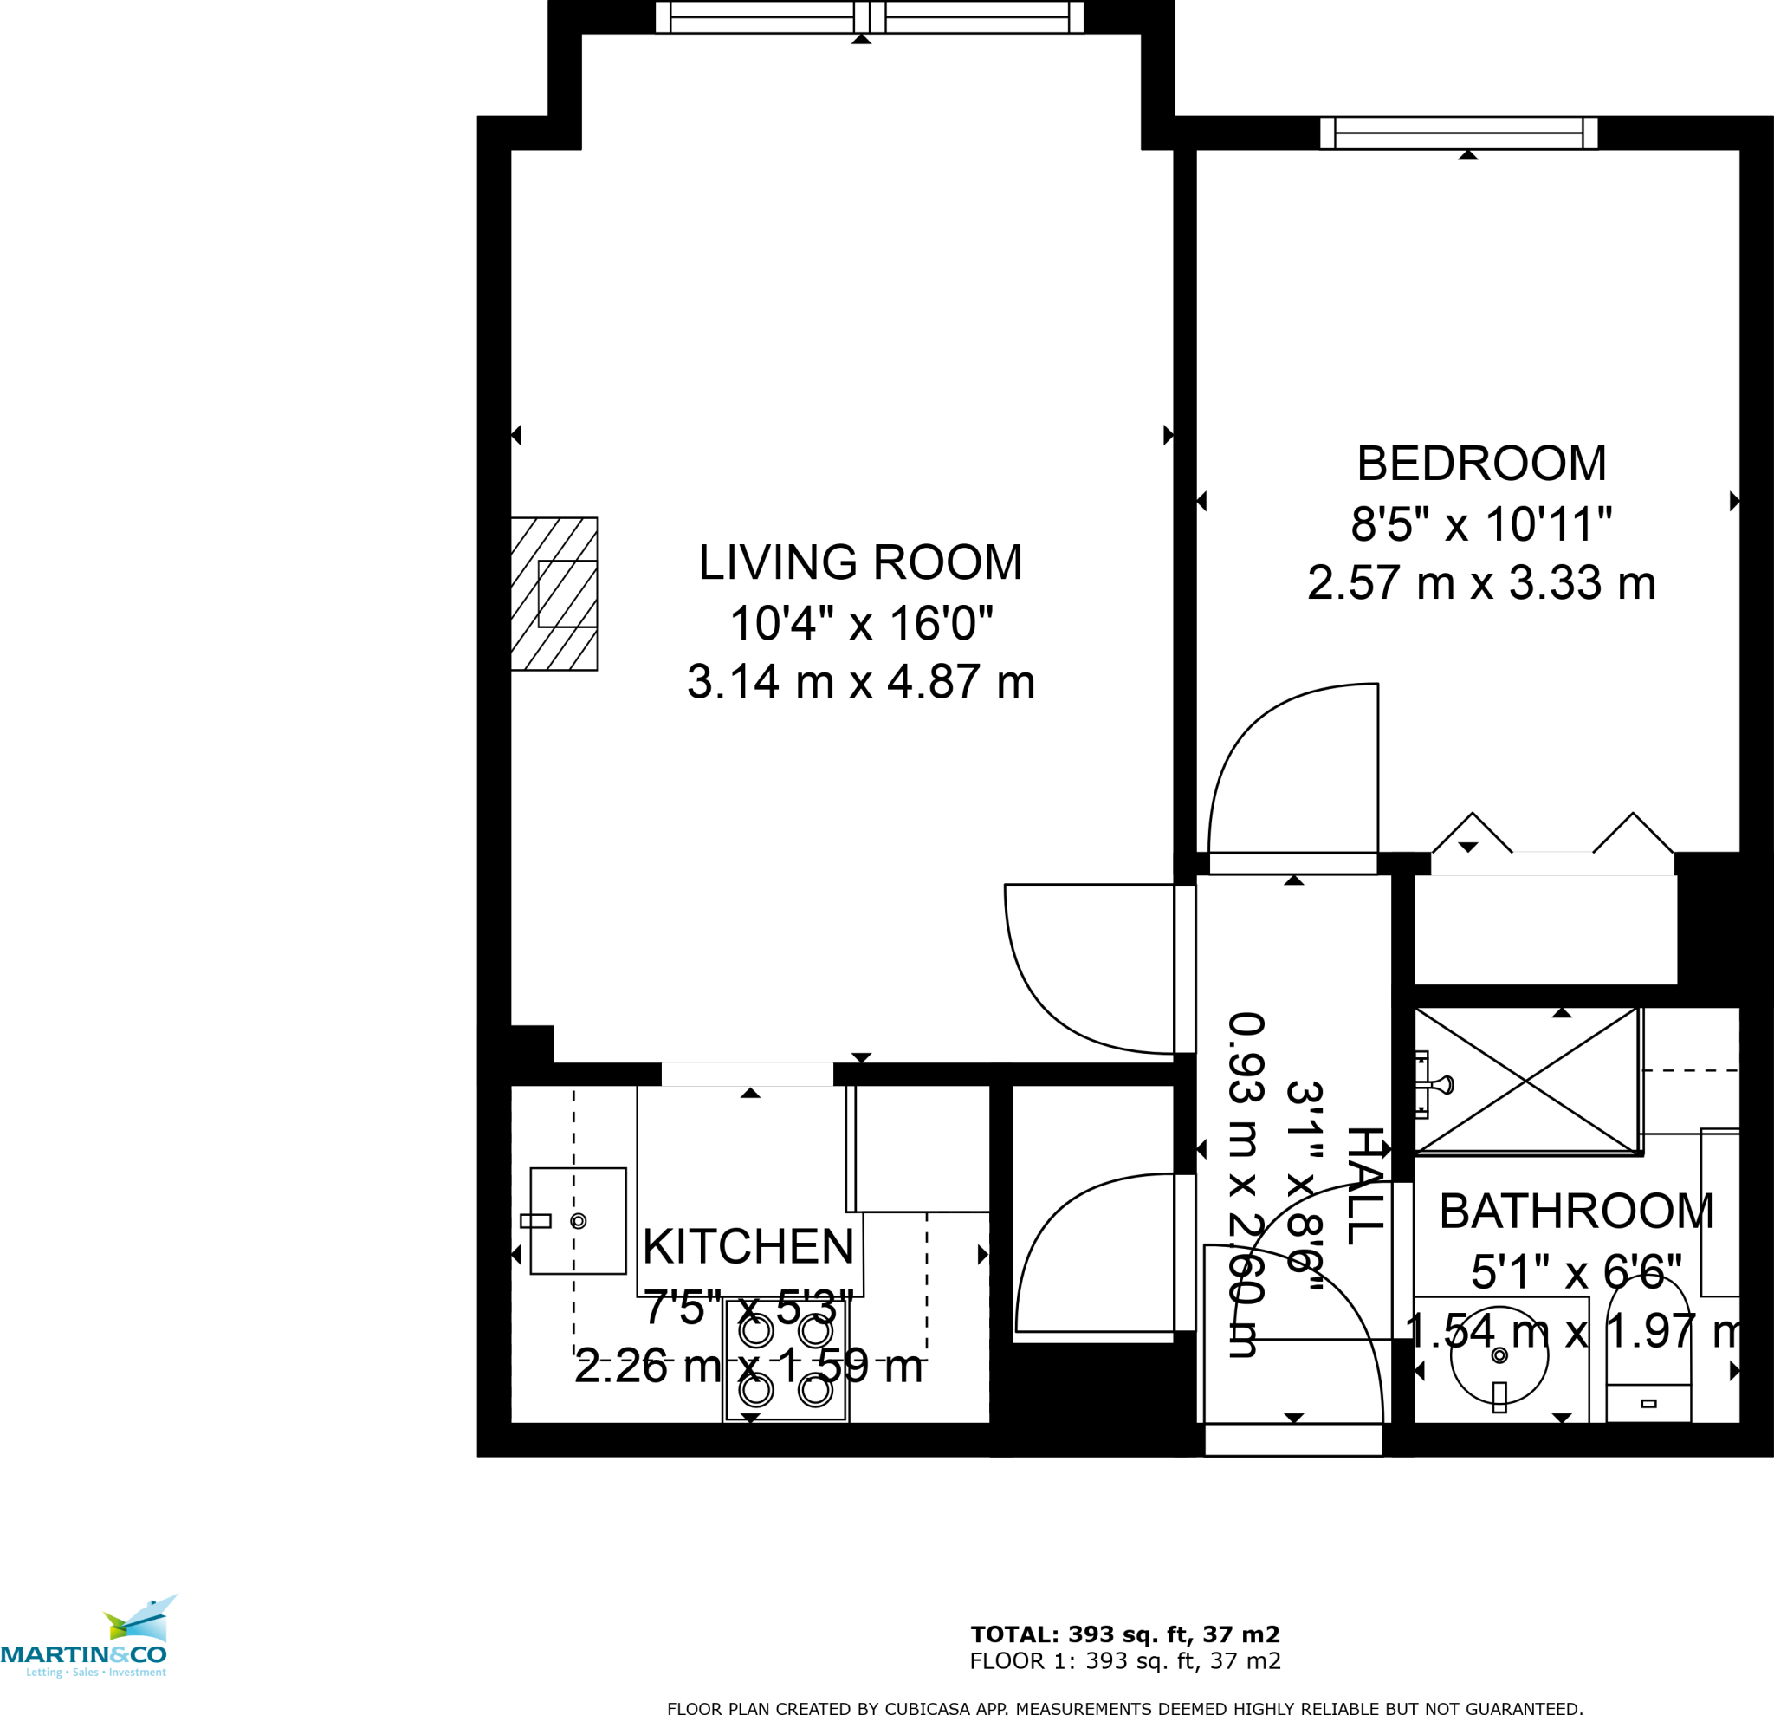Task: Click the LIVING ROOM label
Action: point(860,562)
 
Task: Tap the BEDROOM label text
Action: point(1480,464)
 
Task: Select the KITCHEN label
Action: point(748,1247)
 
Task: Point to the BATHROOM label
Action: point(1577,1212)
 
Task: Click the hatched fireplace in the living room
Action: point(554,594)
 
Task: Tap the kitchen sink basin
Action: point(578,1220)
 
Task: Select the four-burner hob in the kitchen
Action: point(786,1359)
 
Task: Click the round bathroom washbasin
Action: point(1499,1355)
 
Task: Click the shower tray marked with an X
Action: point(1526,1082)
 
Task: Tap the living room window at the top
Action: point(869,17)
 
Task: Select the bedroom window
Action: point(1458,133)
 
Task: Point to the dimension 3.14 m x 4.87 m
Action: point(860,682)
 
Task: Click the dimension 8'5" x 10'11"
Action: point(1480,523)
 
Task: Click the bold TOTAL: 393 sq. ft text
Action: point(1124,1634)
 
